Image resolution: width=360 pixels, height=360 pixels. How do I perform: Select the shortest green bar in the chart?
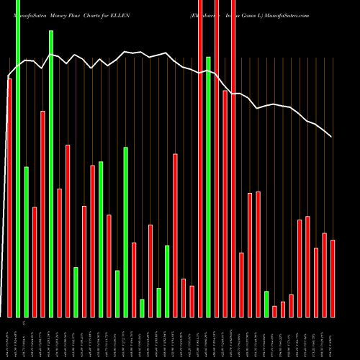tap(142, 308)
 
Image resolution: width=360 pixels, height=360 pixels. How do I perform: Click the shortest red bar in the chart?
tap(274, 311)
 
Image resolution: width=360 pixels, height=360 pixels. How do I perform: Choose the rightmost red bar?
tap(333, 278)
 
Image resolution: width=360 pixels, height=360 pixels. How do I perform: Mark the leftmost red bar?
tap(9, 198)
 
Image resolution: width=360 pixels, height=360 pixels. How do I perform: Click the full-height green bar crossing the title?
tap(18, 158)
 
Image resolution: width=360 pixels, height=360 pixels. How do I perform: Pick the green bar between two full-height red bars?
tap(208, 187)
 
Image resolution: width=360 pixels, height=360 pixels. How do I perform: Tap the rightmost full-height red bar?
tap(233, 158)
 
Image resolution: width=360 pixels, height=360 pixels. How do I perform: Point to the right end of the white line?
tap(331, 137)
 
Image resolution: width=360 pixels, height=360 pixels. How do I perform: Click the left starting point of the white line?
tap(9, 77)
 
